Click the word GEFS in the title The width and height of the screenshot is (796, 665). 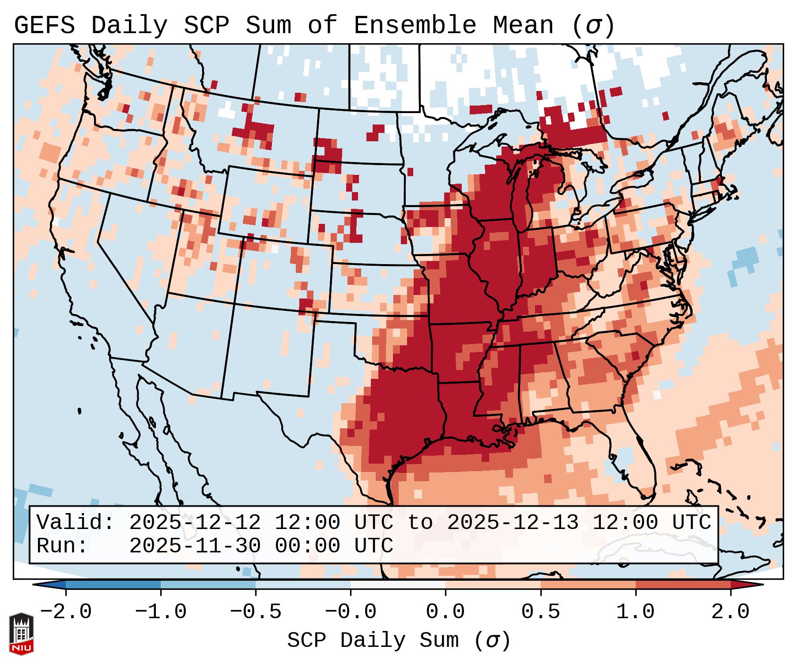[x=44, y=25]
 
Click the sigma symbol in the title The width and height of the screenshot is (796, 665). [x=593, y=26]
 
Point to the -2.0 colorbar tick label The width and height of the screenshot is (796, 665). [x=66, y=612]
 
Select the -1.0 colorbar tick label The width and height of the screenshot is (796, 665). [x=161, y=612]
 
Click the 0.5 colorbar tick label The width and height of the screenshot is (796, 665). [x=540, y=612]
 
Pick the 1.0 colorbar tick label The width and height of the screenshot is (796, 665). [x=635, y=612]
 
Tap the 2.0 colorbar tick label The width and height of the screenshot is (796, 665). [x=730, y=612]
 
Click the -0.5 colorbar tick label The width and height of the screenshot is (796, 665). [x=256, y=612]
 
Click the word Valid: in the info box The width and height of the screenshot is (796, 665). [x=75, y=522]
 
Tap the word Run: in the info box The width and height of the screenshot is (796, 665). [x=62, y=546]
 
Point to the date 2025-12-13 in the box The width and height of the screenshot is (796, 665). [x=513, y=522]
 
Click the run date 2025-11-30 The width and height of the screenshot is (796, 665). [x=195, y=546]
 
